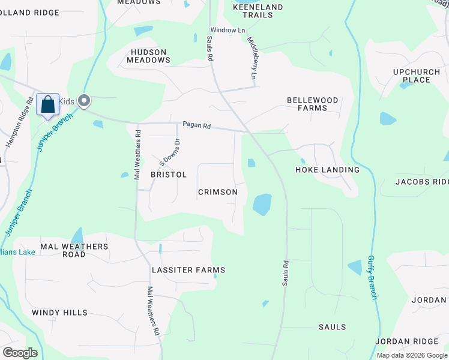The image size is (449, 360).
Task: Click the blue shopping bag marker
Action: click(47, 105)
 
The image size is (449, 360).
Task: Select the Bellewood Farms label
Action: click(312, 104)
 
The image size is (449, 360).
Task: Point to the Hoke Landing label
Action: click(327, 170)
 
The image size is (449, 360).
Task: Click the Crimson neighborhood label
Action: click(218, 192)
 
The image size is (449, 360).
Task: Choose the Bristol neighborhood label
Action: click(169, 175)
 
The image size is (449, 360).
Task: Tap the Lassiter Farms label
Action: click(188, 270)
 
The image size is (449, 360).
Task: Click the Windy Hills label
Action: click(59, 313)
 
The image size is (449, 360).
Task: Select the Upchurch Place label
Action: click(412, 76)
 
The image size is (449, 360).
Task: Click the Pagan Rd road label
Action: click(197, 126)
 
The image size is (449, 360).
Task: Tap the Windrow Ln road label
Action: click(228, 30)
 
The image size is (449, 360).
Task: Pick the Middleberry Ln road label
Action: click(252, 58)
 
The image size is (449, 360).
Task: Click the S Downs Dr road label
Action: click(169, 152)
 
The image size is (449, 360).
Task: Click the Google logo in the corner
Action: click(20, 353)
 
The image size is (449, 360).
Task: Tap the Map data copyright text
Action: click(412, 355)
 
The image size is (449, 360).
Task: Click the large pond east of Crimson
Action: click(262, 204)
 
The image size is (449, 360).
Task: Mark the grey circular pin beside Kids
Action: click(85, 101)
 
